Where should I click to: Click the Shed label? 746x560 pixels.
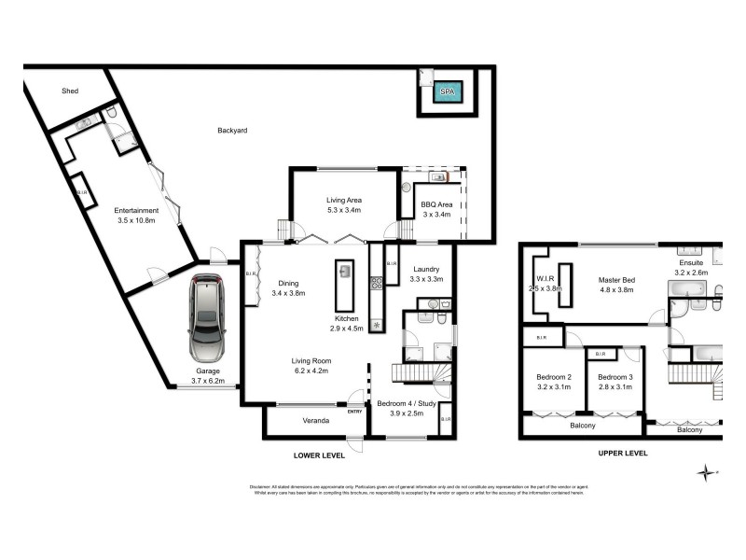click(70, 91)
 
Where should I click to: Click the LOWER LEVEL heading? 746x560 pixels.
click(318, 455)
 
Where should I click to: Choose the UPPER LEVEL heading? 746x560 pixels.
click(622, 453)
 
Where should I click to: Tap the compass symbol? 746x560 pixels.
click(708, 473)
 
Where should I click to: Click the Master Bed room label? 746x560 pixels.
click(616, 280)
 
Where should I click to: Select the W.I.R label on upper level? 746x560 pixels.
click(546, 278)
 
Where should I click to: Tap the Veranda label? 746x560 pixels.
click(317, 421)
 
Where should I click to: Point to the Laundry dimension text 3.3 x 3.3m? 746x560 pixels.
click(431, 279)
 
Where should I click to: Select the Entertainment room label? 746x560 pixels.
click(136, 210)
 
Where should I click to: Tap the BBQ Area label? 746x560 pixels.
click(436, 203)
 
